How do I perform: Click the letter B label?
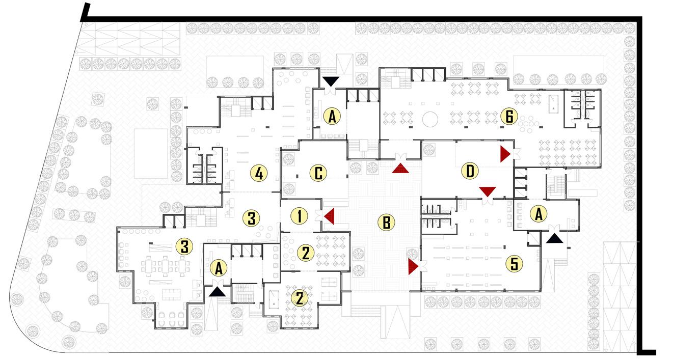(x=386, y=222)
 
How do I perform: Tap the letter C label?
(x=318, y=174)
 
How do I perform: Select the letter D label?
(x=470, y=172)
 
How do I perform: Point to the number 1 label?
(x=300, y=216)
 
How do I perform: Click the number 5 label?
(x=514, y=264)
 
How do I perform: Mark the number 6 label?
(x=508, y=117)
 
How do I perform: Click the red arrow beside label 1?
(x=329, y=216)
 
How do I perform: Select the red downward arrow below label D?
(x=488, y=191)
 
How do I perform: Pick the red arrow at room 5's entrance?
(x=413, y=266)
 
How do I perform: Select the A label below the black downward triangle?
(x=332, y=117)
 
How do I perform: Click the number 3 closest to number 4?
(x=251, y=218)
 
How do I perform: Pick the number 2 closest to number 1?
(x=305, y=253)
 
